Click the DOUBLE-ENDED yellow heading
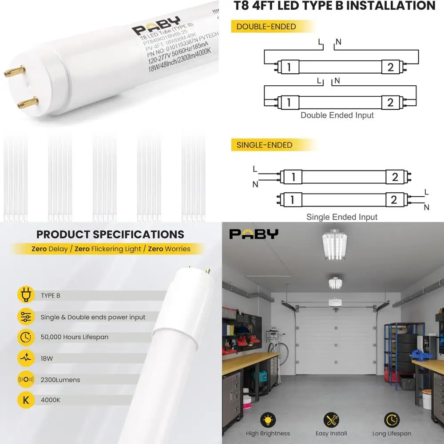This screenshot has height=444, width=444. point(266,27)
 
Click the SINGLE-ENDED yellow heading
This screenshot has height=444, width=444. point(264,145)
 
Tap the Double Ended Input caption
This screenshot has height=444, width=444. point(337,115)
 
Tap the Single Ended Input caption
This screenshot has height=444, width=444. point(341,217)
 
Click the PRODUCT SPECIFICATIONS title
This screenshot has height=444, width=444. point(110,234)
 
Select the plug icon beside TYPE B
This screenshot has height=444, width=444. point(26,295)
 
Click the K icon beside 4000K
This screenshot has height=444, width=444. point(26,400)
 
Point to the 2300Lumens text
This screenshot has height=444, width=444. point(60,380)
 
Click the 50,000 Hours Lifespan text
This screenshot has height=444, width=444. point(74,337)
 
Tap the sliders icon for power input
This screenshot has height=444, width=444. point(26,317)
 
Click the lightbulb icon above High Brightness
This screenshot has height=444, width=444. point(268,420)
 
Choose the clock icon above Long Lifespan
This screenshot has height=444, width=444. point(392,420)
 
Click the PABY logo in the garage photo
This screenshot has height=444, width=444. point(254,234)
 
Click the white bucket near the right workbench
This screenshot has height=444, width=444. point(426,399)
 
